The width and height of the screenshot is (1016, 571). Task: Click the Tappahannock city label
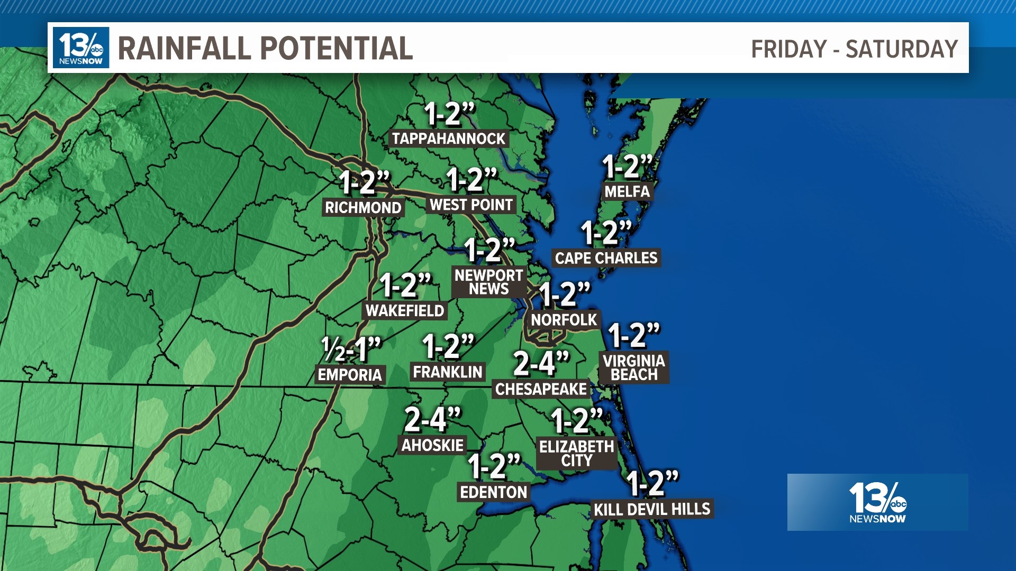click(x=449, y=139)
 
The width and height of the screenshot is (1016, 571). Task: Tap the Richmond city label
click(x=363, y=207)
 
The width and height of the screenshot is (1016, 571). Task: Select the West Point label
click(x=471, y=205)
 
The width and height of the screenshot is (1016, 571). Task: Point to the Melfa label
click(x=627, y=191)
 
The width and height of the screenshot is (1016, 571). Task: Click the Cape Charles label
click(x=606, y=258)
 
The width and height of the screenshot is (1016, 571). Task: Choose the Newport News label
click(x=488, y=282)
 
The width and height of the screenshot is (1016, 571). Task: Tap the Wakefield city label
click(x=405, y=310)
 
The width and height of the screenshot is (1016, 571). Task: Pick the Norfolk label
click(x=564, y=319)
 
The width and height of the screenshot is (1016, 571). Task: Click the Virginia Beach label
click(x=634, y=367)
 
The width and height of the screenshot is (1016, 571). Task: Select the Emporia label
click(x=350, y=375)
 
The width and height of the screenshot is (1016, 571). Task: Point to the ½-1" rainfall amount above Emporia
click(x=351, y=349)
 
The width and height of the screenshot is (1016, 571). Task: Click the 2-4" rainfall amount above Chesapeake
click(x=541, y=363)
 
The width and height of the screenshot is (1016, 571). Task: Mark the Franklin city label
click(x=448, y=372)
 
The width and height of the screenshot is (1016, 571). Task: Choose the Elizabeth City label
click(x=577, y=453)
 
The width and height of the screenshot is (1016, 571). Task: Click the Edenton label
click(x=494, y=492)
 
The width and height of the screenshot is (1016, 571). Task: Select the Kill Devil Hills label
click(x=652, y=509)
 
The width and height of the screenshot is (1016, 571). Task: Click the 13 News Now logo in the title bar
click(x=81, y=48)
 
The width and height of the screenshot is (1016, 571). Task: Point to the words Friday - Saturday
click(x=854, y=49)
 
